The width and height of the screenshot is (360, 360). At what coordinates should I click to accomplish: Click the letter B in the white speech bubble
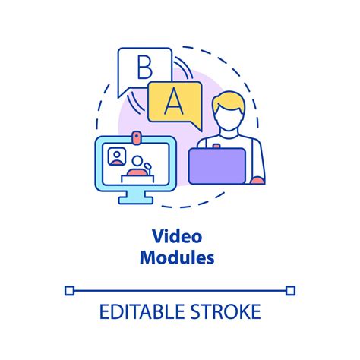point(145,67)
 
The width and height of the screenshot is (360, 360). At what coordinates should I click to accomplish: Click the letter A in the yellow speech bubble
point(174,102)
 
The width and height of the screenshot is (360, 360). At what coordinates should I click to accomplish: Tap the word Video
point(177,236)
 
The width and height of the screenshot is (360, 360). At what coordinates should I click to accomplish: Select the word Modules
point(177,257)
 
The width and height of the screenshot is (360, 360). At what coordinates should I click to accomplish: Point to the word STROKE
point(226,311)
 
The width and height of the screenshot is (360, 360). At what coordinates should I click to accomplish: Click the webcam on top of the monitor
point(137,137)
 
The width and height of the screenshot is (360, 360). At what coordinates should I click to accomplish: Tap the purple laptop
point(217,166)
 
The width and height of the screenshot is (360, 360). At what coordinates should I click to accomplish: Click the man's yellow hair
point(229,101)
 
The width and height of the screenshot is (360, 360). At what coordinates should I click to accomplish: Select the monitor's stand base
point(136,201)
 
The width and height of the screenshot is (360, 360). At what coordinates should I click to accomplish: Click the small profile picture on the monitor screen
point(117,156)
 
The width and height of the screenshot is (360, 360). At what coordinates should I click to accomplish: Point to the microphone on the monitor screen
point(148,168)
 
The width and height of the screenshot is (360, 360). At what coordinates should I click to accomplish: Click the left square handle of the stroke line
point(69,290)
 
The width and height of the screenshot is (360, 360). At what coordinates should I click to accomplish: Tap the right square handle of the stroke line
point(290,290)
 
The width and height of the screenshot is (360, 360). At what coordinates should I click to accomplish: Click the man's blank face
point(229,118)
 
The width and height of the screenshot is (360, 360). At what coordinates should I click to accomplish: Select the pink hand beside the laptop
point(257,180)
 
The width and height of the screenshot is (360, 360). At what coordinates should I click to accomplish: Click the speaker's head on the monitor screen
point(137,161)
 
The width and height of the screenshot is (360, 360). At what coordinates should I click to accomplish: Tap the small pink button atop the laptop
point(216,146)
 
